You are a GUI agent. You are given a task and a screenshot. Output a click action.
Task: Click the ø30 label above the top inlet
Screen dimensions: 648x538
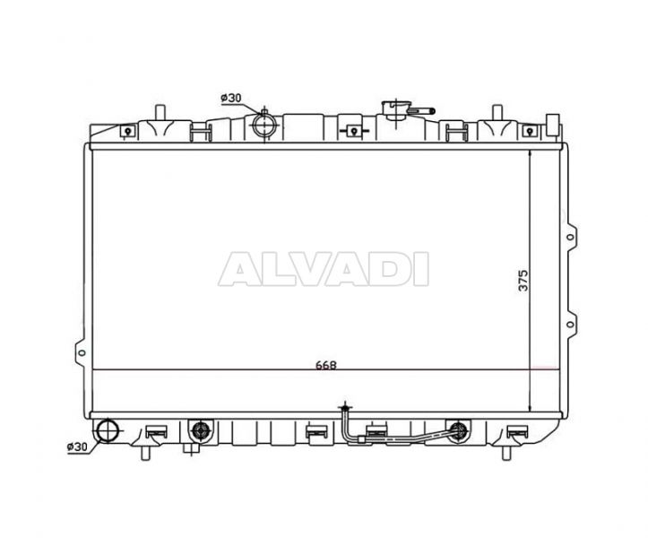[231, 98]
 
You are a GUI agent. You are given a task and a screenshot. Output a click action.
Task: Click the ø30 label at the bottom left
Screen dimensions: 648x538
[77, 447]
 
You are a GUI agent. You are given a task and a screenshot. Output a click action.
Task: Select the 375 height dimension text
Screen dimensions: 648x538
[523, 281]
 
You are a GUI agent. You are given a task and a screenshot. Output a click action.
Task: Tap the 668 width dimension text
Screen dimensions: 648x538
[326, 365]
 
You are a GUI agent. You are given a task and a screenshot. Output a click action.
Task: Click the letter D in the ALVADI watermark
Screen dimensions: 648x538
[388, 269]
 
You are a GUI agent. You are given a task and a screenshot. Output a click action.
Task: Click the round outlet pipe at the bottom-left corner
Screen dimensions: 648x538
[107, 430]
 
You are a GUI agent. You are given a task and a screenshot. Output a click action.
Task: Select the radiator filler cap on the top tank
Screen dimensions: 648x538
[395, 109]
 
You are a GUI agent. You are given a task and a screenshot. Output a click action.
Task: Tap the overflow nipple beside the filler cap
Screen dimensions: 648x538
[421, 111]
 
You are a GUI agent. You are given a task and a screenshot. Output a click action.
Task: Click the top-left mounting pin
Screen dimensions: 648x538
[160, 113]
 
